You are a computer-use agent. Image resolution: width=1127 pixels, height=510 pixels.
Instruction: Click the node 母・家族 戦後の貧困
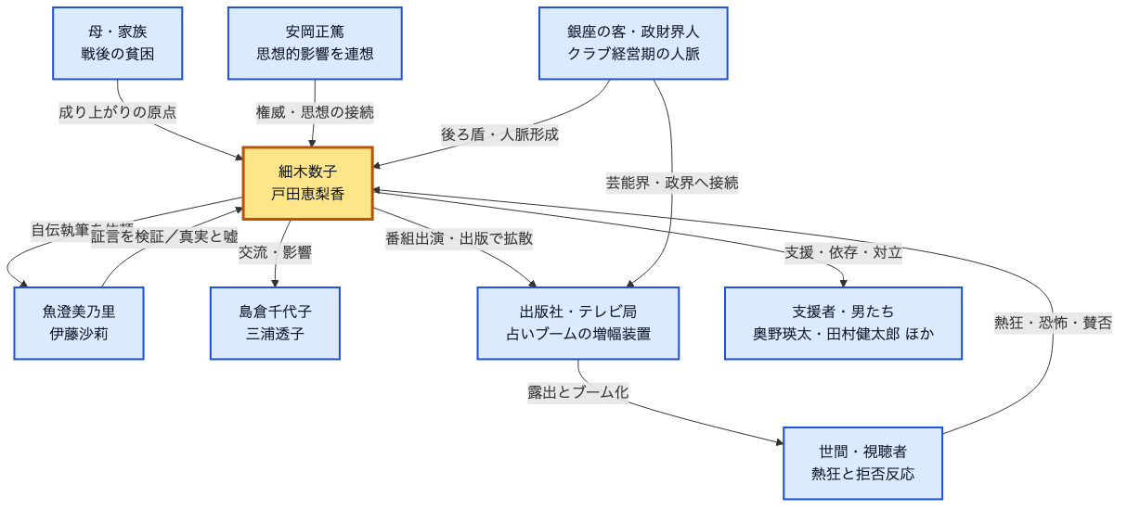117,44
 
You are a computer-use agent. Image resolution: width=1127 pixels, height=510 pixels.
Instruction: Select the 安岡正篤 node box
315,44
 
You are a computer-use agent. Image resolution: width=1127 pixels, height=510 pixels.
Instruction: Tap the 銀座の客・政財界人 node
633,44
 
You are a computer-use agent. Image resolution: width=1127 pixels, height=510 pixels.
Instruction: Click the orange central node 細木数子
307,183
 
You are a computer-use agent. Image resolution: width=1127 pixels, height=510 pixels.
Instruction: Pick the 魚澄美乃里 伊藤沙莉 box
79,323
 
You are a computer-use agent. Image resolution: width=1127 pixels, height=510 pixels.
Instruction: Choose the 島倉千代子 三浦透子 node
275,323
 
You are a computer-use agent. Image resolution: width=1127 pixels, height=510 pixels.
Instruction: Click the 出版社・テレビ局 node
577,323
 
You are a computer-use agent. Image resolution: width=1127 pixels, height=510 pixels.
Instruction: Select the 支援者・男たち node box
843,323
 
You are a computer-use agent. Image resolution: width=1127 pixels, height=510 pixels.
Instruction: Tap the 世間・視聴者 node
862,463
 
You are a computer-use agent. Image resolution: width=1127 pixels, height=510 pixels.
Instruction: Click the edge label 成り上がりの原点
118,112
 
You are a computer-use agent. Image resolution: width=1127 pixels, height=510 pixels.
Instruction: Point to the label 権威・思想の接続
315,112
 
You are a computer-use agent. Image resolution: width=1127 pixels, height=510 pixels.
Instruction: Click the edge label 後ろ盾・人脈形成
499,134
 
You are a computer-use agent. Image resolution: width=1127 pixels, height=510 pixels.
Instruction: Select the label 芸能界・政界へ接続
672,183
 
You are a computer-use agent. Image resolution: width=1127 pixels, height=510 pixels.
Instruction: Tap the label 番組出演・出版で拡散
459,238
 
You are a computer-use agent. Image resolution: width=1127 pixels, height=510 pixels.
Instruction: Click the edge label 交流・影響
275,252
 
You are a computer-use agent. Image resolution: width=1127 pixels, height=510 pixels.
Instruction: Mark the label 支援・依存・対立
843,252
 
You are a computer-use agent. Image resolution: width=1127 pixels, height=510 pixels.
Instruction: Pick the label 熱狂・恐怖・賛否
1053,323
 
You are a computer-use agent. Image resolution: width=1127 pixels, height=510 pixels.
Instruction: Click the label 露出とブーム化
577,392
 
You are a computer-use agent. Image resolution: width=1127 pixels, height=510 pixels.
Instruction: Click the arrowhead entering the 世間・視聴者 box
779,441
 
